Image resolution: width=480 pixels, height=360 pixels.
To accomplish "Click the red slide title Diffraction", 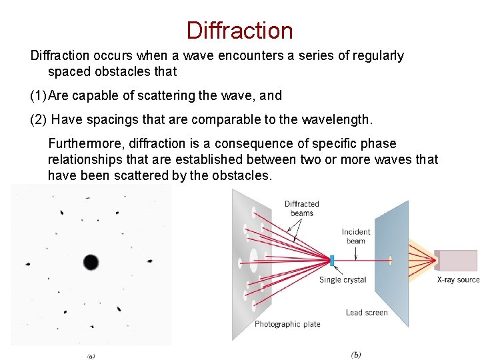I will tap(239, 30).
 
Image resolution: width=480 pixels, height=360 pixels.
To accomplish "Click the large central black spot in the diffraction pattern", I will tap(91, 261).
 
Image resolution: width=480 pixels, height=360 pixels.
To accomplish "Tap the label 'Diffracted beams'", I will tap(301, 208).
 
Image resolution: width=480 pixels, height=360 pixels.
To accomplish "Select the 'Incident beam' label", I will tap(356, 236).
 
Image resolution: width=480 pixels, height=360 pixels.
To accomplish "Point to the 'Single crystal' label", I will tap(343, 280).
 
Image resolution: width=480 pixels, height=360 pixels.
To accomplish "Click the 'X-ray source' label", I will tap(457, 280).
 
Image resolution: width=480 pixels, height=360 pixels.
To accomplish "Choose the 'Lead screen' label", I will tap(367, 313).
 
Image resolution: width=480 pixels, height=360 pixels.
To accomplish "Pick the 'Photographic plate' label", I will tap(287, 324).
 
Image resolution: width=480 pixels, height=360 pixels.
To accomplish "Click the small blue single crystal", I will tap(332, 259).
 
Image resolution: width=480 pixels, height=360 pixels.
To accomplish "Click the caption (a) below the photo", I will tap(91, 355).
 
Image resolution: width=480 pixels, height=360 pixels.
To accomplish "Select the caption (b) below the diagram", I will tap(355, 354).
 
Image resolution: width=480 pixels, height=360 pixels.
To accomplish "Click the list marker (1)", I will tap(38, 95).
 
